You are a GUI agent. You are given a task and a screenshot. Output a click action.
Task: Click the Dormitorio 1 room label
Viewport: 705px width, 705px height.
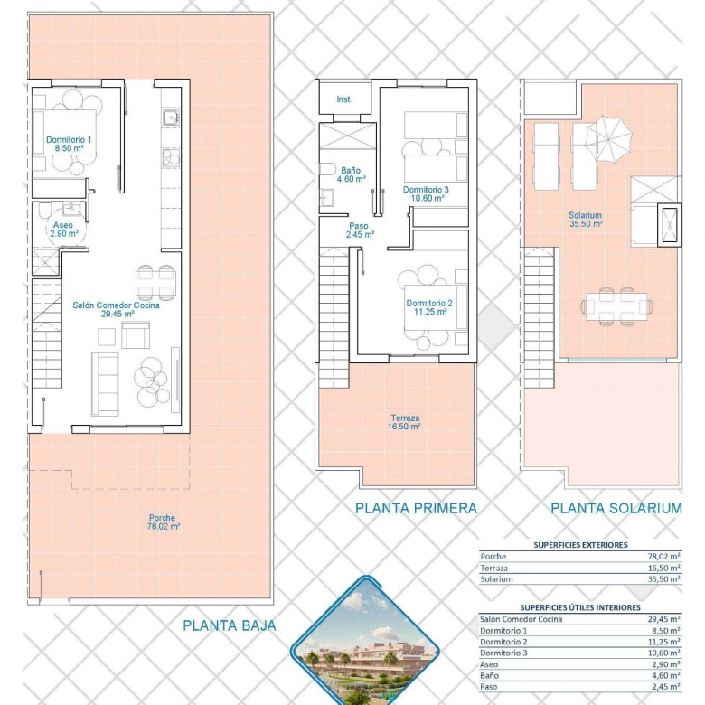[69, 144]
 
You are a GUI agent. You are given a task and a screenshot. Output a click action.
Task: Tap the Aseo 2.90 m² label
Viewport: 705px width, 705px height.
[64, 230]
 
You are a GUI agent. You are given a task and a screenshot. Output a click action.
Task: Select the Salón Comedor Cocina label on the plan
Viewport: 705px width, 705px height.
[116, 309]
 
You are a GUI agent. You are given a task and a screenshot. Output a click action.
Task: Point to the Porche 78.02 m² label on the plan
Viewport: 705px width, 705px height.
[164, 522]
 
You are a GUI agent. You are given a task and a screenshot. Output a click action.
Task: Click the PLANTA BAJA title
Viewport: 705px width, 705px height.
[230, 625]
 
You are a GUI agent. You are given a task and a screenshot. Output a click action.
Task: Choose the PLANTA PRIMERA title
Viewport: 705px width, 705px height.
[416, 508]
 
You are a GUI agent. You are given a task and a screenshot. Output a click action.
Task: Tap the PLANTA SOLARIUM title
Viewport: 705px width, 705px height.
[616, 508]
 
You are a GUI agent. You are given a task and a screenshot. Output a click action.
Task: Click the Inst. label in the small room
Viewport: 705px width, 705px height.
[344, 99]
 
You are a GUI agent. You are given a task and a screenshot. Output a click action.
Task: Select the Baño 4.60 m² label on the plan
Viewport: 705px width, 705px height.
[352, 174]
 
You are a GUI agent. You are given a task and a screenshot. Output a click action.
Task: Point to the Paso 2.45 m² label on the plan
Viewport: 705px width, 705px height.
[360, 230]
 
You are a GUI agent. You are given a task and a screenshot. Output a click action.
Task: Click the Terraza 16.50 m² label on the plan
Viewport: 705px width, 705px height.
[404, 422]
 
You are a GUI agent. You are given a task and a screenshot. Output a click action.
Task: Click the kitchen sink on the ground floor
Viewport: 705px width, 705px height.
[171, 117]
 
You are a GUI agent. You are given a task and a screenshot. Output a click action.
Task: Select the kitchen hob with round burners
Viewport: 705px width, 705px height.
[171, 158]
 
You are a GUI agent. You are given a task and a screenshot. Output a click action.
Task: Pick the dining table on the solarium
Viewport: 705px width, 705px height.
[616, 306]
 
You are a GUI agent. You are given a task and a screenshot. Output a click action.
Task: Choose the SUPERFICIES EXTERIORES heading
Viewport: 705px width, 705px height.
[580, 545]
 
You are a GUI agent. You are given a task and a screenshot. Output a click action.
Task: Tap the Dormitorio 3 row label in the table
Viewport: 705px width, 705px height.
[503, 653]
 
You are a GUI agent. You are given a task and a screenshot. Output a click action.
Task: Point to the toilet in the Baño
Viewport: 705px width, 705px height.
[327, 170]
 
